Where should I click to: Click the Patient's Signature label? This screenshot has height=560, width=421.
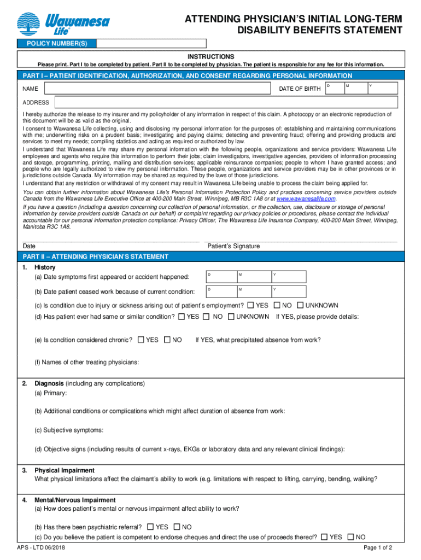[233, 246]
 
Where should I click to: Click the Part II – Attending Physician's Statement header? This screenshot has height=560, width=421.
[95, 256]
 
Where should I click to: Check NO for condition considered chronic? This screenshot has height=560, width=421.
[167, 340]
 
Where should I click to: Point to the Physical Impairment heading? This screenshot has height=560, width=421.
[65, 470]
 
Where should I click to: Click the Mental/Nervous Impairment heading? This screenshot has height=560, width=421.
[75, 500]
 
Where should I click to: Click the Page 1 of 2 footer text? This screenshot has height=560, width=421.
[378, 548]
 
